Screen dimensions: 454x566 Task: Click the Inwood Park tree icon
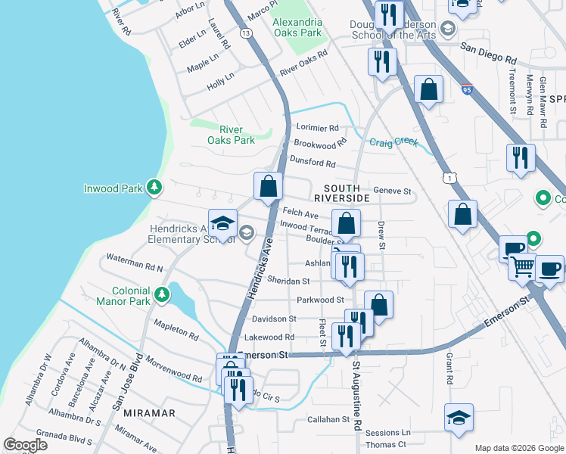click(154, 186)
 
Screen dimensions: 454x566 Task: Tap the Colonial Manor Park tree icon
click(161, 294)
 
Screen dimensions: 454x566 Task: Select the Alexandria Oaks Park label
click(297, 27)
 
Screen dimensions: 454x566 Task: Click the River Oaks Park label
click(232, 135)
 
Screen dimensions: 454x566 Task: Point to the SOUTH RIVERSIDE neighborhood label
click(347, 192)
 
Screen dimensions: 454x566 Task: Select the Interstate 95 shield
click(467, 89)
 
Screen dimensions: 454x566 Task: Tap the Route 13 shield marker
click(246, 33)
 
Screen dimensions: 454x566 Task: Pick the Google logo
click(26, 444)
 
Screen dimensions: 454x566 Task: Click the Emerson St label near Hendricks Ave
click(263, 354)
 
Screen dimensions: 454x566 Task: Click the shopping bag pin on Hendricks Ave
click(268, 185)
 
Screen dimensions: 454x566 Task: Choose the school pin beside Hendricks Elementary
click(222, 223)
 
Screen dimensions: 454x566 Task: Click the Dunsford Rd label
click(313, 162)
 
